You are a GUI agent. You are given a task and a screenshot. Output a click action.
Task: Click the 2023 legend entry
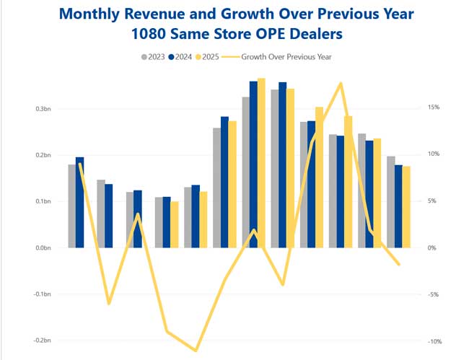(154, 56)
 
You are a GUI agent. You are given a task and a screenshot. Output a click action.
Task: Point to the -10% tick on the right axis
(431, 341)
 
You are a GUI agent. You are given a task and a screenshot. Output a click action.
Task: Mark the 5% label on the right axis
(431, 201)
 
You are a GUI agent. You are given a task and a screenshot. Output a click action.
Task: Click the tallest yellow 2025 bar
(261, 163)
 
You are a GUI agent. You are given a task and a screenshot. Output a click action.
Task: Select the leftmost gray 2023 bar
(72, 206)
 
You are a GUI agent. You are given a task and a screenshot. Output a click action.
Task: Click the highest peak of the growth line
(341, 84)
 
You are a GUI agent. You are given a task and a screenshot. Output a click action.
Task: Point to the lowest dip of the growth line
(196, 351)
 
